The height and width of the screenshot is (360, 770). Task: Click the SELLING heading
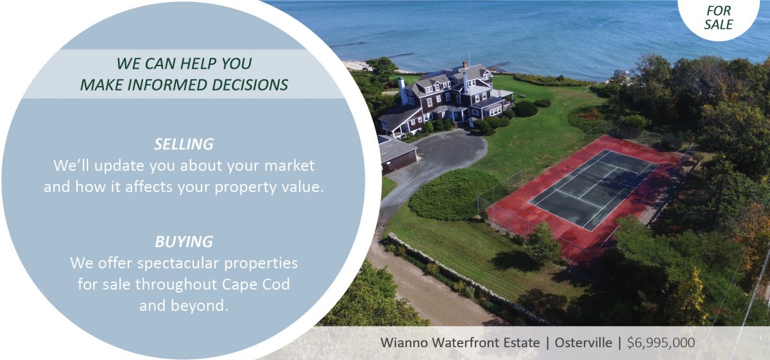[x=184, y=144]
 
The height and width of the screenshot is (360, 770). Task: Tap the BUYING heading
[x=184, y=241]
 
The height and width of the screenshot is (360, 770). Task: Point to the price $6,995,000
[x=661, y=343]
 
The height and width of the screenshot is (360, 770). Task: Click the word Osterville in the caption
[x=583, y=343]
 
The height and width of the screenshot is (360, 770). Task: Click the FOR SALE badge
[x=718, y=17]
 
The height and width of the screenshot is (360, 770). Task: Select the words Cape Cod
[x=256, y=284]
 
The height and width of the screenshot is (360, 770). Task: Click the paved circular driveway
[x=447, y=151]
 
